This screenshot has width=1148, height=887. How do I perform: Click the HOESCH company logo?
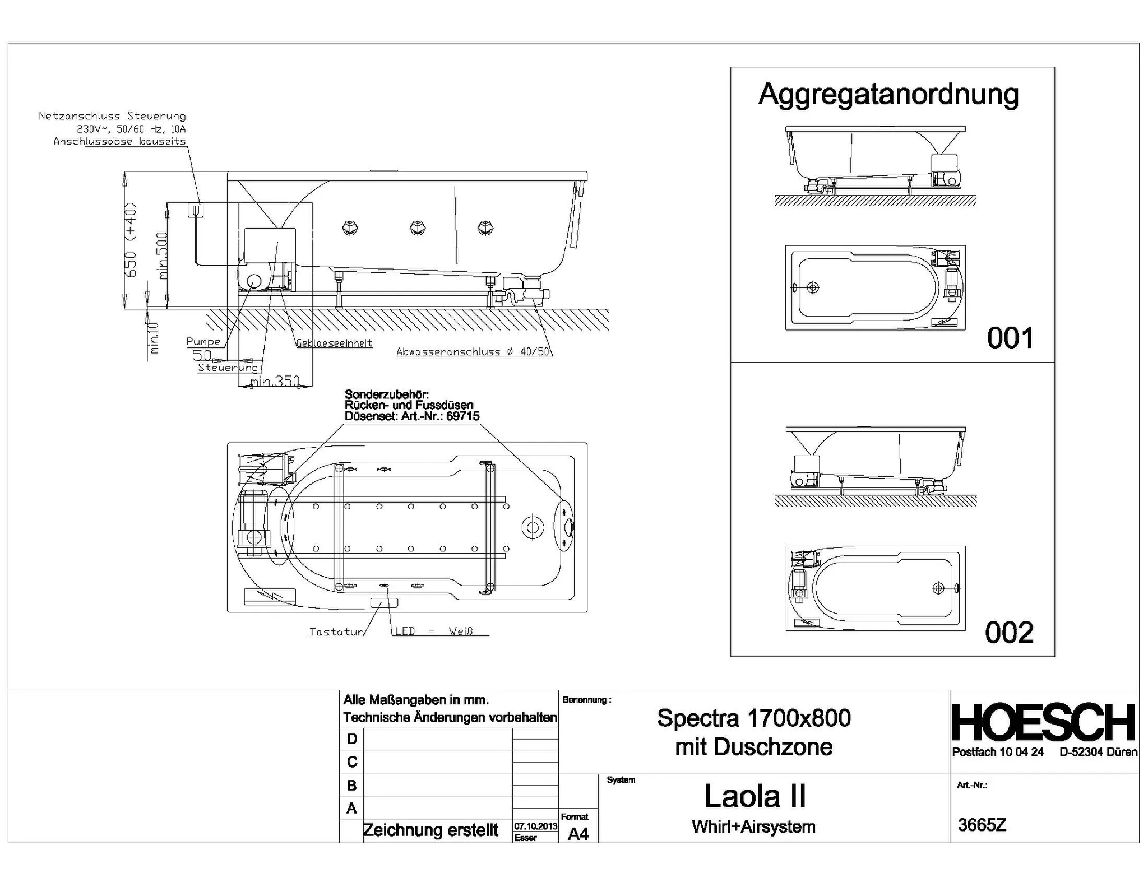point(1044,723)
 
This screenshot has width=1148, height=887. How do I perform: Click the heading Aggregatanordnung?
point(888,94)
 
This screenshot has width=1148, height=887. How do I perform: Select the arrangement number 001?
point(1010,338)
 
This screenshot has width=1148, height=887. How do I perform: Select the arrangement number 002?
point(1009,633)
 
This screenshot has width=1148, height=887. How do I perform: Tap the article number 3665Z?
point(982,825)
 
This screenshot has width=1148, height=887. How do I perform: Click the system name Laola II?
point(754,796)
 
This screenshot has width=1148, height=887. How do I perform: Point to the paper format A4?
point(578,834)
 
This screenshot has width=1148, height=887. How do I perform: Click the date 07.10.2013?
point(535,826)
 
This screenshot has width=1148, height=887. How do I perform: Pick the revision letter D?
point(352,739)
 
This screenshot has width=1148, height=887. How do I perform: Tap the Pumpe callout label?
point(203,342)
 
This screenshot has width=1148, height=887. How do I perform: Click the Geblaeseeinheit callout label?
point(335,343)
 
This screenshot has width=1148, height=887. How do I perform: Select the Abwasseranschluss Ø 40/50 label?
point(473,352)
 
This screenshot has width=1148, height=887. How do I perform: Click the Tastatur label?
point(336,632)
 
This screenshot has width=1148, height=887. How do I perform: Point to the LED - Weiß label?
point(434,631)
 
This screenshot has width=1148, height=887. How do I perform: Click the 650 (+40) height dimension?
point(130,239)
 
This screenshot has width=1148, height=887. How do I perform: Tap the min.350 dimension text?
point(275,382)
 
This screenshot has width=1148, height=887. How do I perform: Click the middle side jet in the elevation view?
point(418,227)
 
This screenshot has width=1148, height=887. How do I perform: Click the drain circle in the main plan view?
point(533,527)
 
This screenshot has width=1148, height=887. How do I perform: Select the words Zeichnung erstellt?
point(430,830)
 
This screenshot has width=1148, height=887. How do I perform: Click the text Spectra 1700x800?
point(754,718)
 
